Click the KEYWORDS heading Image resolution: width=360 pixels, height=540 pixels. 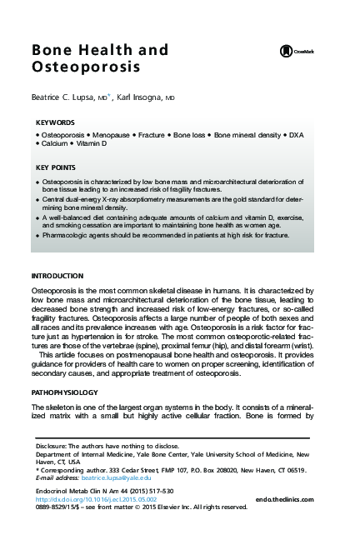(55, 122)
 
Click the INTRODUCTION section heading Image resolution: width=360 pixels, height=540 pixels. (57, 275)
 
